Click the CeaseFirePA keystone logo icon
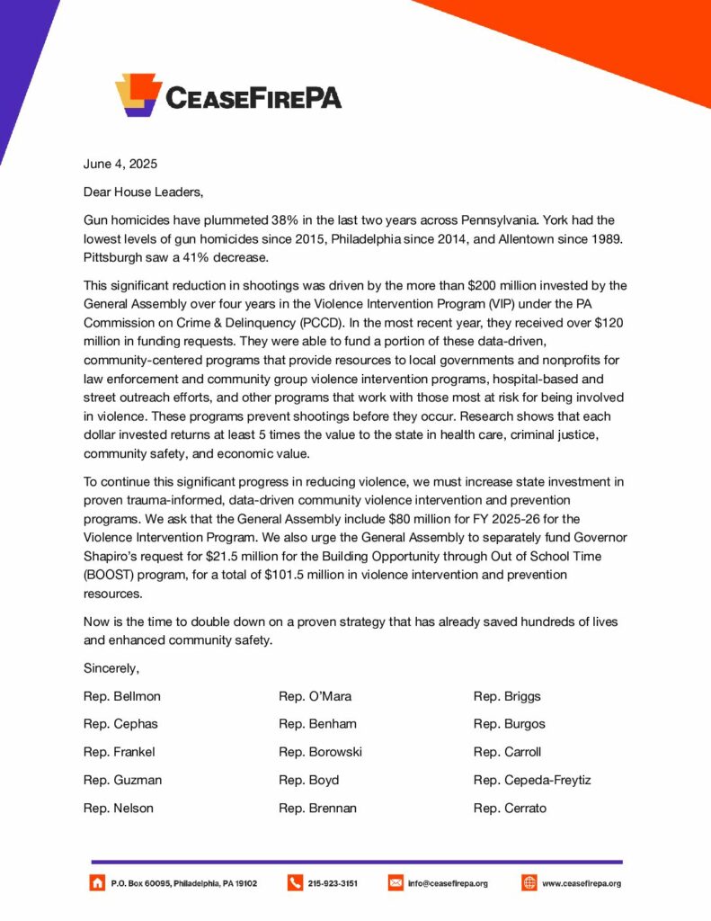tap(138, 94)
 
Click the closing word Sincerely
tap(111, 668)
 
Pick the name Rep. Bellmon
tap(122, 696)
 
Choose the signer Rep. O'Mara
tap(316, 696)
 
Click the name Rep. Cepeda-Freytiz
tap(532, 780)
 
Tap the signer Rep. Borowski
tap(320, 752)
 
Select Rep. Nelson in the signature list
tap(118, 808)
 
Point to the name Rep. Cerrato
tap(510, 808)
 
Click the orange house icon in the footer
tap(97, 883)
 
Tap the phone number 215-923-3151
tap(333, 884)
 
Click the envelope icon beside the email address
tap(395, 883)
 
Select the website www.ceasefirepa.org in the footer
tap(582, 884)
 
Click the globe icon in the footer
tap(529, 883)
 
